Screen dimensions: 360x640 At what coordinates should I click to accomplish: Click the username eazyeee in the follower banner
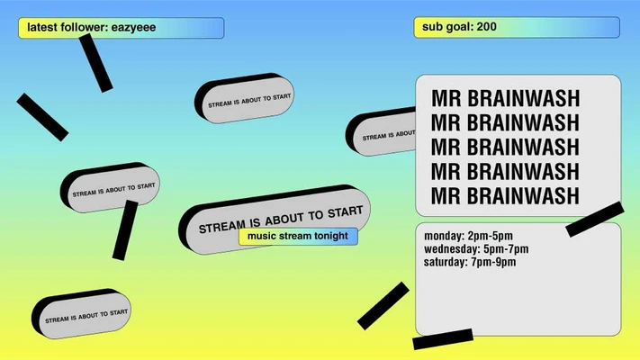point(133,28)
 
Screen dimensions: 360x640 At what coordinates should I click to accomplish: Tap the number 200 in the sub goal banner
point(486,27)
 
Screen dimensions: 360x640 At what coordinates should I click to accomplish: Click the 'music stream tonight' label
point(298,237)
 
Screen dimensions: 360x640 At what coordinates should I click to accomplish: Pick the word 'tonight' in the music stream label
point(330,237)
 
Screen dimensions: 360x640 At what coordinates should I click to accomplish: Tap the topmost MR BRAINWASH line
point(505,98)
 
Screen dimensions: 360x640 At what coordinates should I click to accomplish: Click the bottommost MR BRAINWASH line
point(505,195)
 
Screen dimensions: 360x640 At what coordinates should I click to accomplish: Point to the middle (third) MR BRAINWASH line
point(505,147)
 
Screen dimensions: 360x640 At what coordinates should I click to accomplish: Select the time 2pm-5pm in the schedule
point(490,236)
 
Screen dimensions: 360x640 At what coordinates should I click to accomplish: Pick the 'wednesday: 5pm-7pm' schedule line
point(476,249)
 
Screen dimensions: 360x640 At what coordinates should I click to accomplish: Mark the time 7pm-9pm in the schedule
point(493,263)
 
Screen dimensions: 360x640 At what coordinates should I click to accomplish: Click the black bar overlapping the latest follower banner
point(95,63)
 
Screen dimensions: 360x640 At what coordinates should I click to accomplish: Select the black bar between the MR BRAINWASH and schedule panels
point(595,219)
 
